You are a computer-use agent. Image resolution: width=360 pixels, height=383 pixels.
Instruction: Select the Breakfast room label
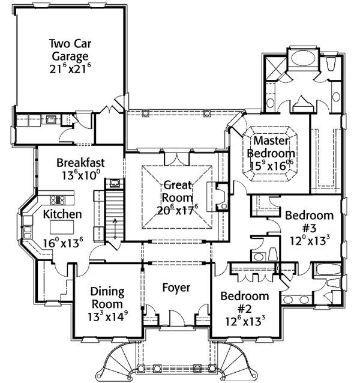81,163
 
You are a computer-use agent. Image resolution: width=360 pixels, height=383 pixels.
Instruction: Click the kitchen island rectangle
62,226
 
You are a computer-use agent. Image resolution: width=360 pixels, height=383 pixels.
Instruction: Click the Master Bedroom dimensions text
271,164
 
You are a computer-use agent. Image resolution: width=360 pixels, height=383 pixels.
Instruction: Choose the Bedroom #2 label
245,303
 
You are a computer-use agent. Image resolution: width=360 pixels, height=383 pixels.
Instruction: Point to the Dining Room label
107,299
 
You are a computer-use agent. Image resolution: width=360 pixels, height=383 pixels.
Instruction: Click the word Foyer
176,288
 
